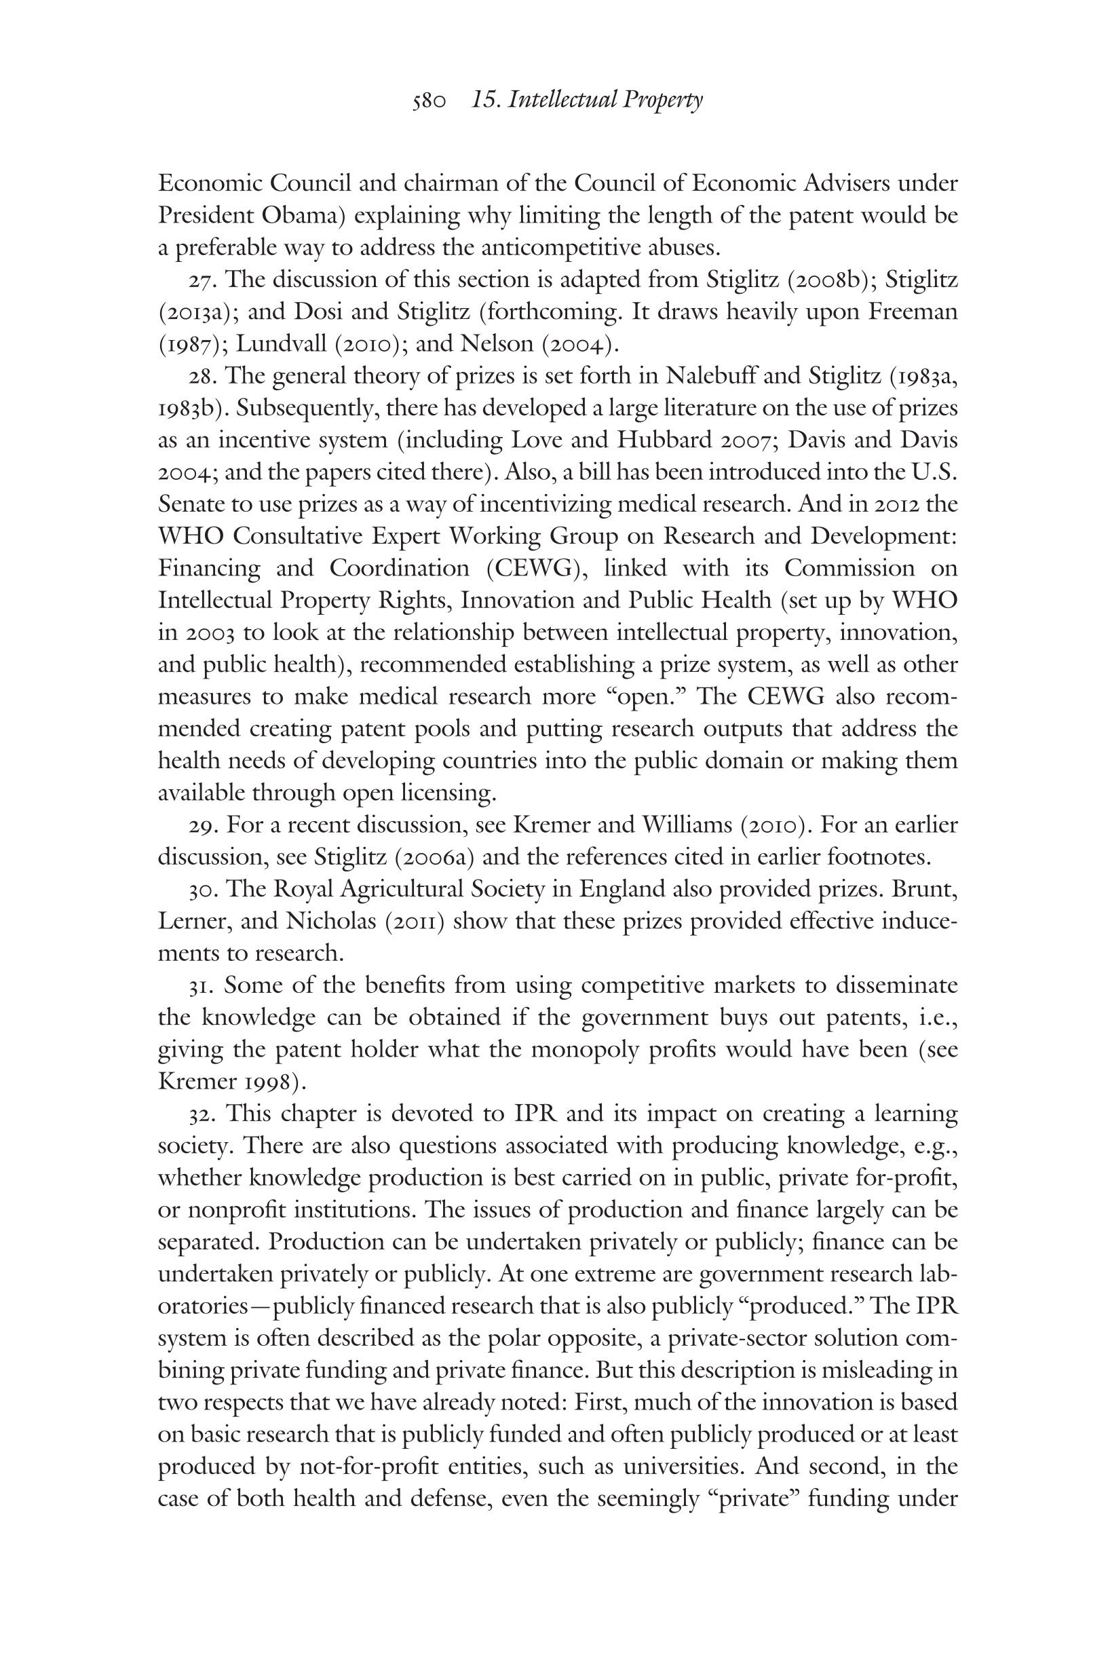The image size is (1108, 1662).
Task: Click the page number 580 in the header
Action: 429,101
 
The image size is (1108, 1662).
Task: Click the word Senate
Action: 193,504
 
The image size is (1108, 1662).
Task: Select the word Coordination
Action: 399,568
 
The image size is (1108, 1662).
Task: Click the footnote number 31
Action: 202,985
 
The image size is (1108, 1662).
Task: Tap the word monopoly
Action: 584,1049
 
